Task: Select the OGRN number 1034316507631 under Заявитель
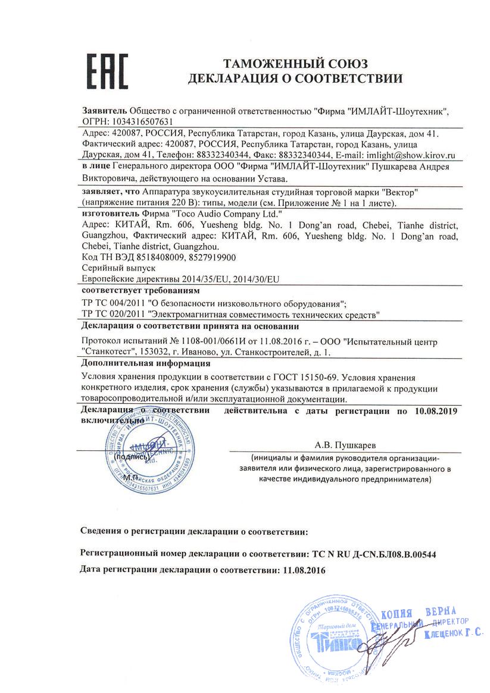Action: [x=130, y=121]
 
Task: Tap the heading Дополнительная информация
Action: [x=145, y=363]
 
